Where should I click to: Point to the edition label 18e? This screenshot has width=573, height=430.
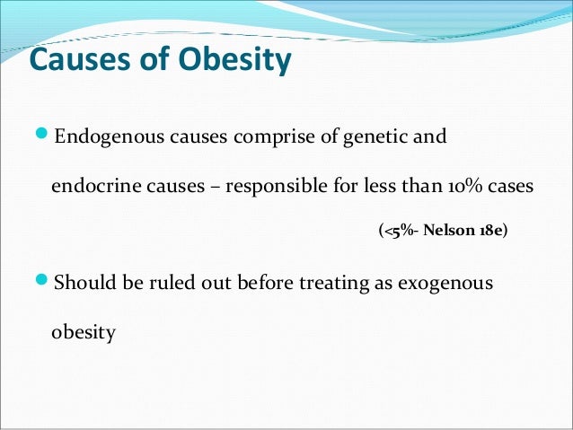click(489, 231)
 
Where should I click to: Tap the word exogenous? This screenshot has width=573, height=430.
click(448, 285)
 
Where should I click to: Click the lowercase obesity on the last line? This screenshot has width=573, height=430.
click(84, 333)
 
